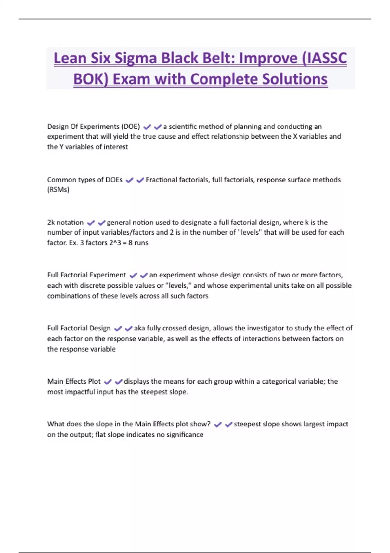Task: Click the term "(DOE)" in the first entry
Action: click(x=130, y=127)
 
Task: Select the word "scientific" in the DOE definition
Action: click(x=183, y=127)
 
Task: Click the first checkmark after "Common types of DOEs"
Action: click(x=129, y=180)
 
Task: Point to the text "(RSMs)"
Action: click(x=58, y=190)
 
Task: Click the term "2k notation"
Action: click(x=65, y=223)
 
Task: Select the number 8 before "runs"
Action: click(x=130, y=243)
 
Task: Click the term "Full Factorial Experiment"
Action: click(x=86, y=275)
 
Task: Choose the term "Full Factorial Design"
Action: click(x=79, y=328)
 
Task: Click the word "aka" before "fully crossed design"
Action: click(x=139, y=328)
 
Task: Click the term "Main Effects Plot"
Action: click(x=74, y=381)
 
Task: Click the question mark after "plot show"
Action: click(x=209, y=424)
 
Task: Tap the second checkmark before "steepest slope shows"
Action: click(x=228, y=424)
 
